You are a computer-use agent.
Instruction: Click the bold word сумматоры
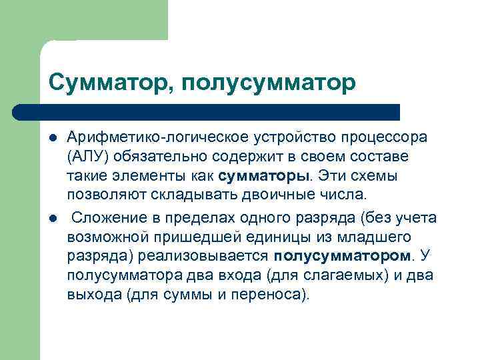click(x=264, y=177)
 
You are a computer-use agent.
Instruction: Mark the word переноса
click(x=271, y=295)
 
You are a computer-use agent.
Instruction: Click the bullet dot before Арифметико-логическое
click(x=53, y=138)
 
